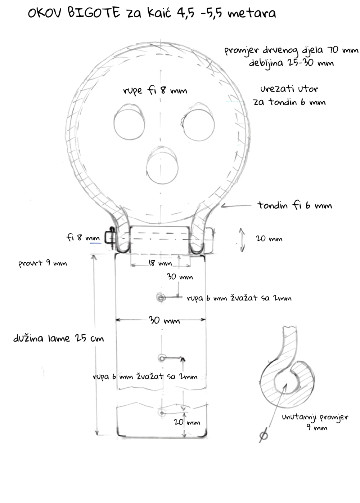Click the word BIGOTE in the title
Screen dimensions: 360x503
(94, 13)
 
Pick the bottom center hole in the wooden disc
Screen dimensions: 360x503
(162, 165)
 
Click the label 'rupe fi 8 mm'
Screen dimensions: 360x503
(155, 90)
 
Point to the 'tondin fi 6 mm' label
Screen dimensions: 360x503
(294, 205)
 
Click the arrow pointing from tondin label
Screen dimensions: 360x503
(236, 205)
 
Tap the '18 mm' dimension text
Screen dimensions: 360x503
(160, 263)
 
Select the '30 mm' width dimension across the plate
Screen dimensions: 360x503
(164, 320)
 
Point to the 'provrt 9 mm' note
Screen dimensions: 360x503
(42, 263)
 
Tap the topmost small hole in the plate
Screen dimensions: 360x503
(161, 298)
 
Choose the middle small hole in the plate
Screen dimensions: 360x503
(162, 358)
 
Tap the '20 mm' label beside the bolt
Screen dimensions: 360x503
(269, 239)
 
